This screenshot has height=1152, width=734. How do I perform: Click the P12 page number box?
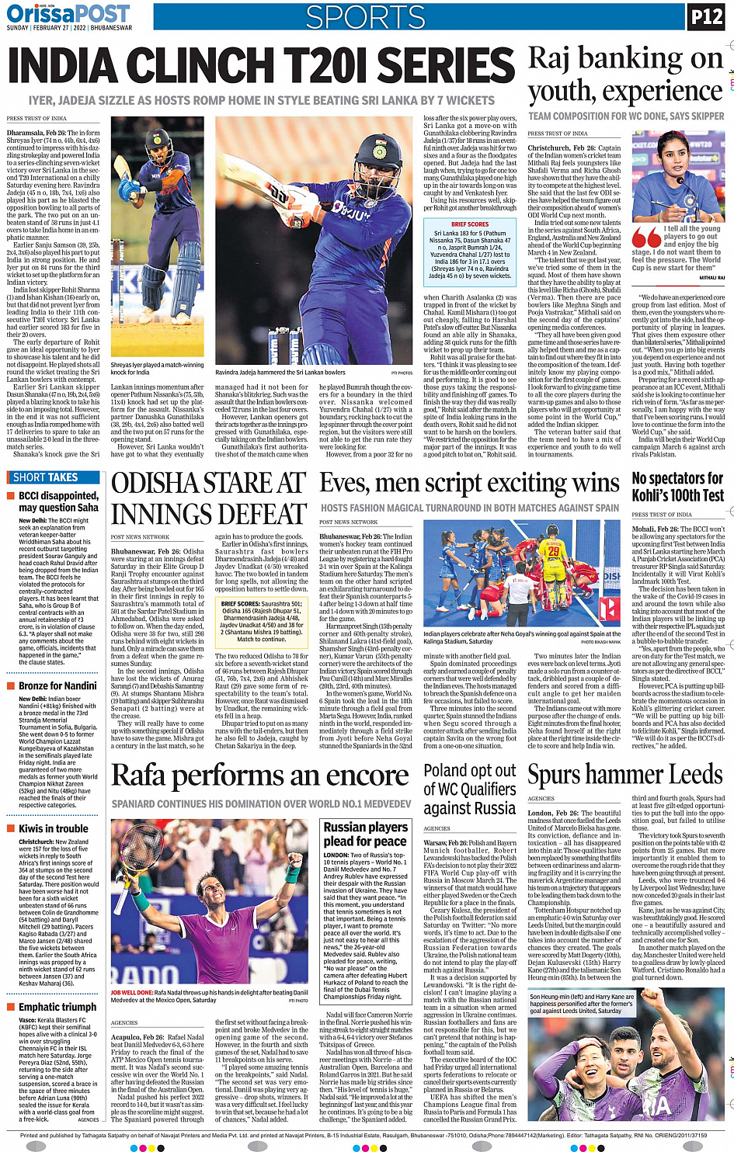coord(706,16)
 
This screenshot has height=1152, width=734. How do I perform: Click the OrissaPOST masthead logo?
coord(68,13)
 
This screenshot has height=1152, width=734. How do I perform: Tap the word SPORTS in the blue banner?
coord(365,17)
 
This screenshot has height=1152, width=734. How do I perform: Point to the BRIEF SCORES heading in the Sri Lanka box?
coord(470,224)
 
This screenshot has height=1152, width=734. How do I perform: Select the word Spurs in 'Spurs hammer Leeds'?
coord(555,775)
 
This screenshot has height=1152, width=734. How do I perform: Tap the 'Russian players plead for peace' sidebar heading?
coord(365,834)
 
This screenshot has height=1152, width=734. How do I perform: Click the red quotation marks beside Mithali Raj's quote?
coord(646,236)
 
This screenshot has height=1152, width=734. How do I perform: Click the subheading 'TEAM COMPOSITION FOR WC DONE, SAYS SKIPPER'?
coord(626,116)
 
